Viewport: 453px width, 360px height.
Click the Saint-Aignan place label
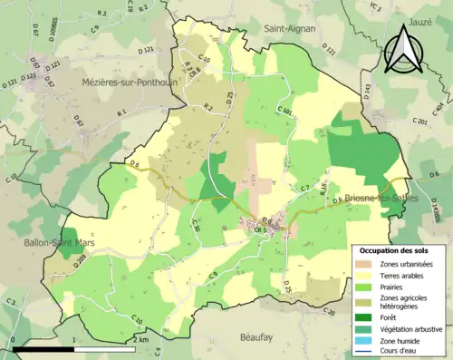coord(290,28)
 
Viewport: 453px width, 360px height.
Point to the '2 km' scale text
coord(140,339)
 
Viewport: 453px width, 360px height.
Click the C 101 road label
coord(287,113)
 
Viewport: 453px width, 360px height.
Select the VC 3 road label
coord(375,11)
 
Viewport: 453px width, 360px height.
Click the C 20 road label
coord(327,312)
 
